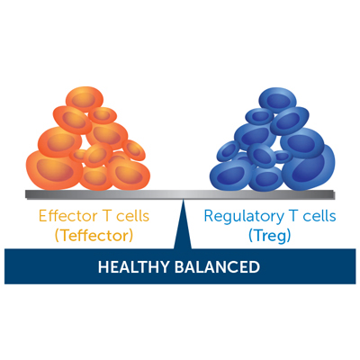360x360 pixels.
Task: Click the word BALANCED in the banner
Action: pos(218,267)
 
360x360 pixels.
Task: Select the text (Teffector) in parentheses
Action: pos(94,236)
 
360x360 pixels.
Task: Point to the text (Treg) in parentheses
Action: pos(270,237)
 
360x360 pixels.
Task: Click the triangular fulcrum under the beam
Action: pos(183,224)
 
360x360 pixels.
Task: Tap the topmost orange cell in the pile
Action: pos(85,99)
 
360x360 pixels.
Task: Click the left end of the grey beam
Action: pos(26,194)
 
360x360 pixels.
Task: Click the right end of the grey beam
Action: pos(334,194)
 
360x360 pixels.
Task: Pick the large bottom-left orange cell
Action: pos(54,170)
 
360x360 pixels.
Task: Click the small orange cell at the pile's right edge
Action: pos(134,149)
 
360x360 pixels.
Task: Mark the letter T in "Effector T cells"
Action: pos(107,216)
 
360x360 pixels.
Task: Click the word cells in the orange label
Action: pos(133,216)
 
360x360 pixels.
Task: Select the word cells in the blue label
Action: pos(319,216)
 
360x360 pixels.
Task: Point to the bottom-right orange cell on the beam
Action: pos(129,174)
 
